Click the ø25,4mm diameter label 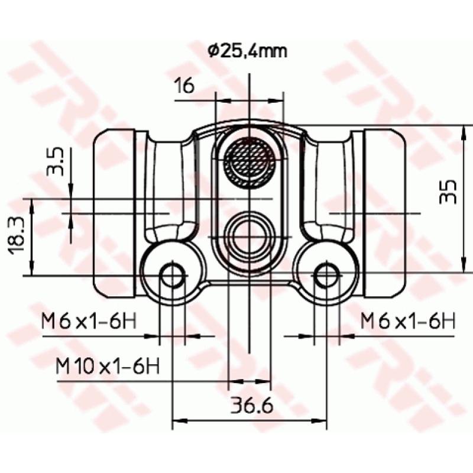coord(248,51)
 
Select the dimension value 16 coord(184,86)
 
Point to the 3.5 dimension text coord(56,162)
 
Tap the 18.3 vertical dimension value coord(16,236)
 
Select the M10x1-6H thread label coord(108,365)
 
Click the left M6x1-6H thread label coord(89,322)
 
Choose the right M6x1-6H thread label coord(407,322)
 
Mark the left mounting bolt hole coord(172,276)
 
